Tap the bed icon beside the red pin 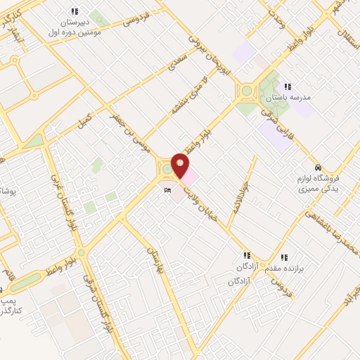167,190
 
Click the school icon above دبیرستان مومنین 75,11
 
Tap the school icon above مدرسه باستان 288,86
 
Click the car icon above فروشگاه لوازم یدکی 319,167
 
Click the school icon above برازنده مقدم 285,257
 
